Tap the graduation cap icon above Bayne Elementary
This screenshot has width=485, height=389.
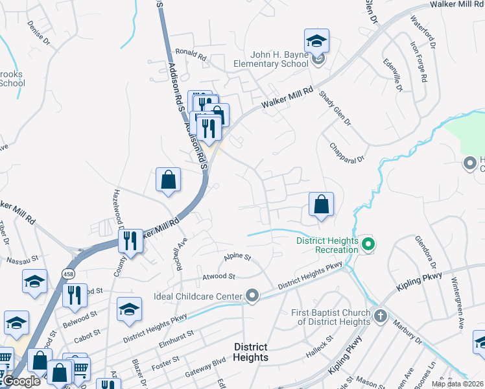[x=317, y=41]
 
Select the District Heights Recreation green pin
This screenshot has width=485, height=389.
[x=368, y=245]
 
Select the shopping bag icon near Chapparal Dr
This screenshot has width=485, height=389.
[x=321, y=205]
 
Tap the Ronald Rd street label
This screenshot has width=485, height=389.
[x=190, y=54]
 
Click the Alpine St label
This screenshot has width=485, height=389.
[x=237, y=257]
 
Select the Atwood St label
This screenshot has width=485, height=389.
[x=219, y=276]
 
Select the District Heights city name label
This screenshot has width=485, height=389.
[x=250, y=352]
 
